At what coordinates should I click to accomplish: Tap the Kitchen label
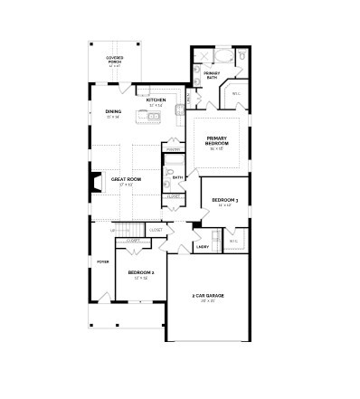point(156,100)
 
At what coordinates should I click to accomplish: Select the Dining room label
point(113,113)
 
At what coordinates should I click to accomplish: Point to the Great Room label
point(126,180)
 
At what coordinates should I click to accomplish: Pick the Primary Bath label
point(211,75)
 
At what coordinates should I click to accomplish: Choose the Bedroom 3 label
point(224,200)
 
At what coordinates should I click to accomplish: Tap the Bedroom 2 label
point(140,272)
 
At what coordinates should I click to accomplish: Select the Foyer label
point(102,261)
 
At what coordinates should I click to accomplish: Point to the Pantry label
point(172,148)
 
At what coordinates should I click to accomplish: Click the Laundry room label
point(203,246)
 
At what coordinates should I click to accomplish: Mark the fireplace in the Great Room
point(96,185)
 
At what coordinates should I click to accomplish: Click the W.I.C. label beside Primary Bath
point(236,93)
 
